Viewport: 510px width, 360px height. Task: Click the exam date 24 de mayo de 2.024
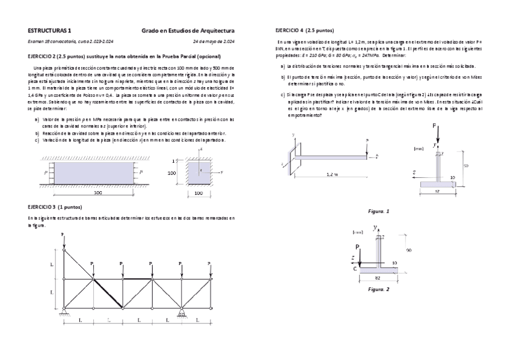tap(213, 41)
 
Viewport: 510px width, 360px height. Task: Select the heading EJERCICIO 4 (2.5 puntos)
tap(305, 29)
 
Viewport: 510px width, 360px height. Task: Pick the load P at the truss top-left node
tap(63, 235)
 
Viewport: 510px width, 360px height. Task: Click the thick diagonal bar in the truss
tap(108, 294)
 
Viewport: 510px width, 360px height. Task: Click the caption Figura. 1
tap(379, 211)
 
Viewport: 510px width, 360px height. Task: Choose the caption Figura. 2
tap(379, 289)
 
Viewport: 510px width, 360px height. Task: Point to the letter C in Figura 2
tap(355, 269)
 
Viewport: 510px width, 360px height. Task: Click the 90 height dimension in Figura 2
tap(408, 249)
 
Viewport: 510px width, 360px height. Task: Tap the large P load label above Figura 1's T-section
tap(434, 126)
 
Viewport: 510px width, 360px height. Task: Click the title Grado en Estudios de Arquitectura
tap(188, 29)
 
